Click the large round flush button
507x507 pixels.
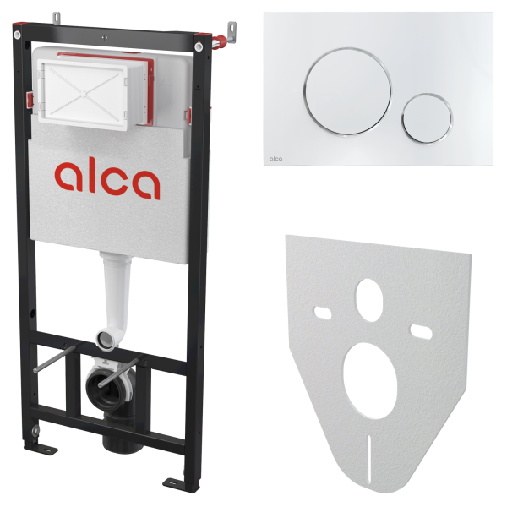pyautogui.click(x=347, y=92)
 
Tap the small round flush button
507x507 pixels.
pyautogui.click(x=427, y=118)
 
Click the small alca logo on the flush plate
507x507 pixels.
pyautogui.click(x=275, y=159)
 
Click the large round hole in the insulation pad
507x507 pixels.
pyautogui.click(x=370, y=380)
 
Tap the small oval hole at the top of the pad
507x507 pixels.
pyautogui.click(x=369, y=300)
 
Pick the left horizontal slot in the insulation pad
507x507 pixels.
pyautogui.click(x=323, y=313)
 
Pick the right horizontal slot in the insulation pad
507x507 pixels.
pyautogui.click(x=421, y=332)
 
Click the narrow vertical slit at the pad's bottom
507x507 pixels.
pyautogui.click(x=369, y=460)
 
